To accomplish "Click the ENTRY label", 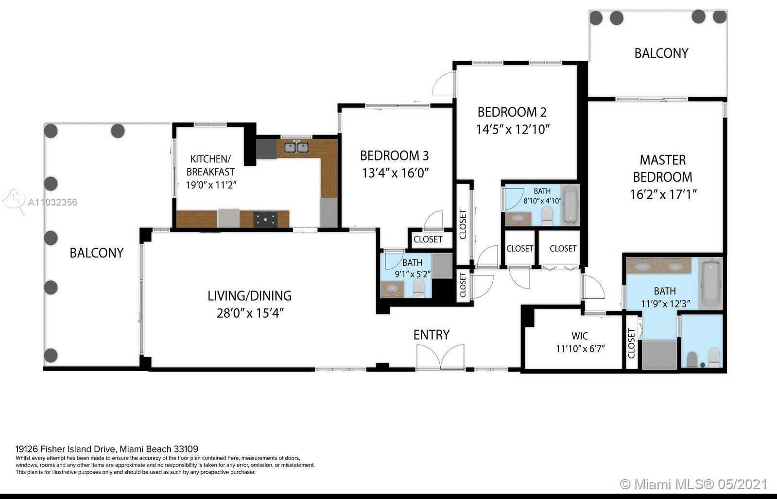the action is pyautogui.click(x=432, y=335).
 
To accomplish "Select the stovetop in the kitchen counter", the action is pyautogui.click(x=265, y=219).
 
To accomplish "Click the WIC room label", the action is pyautogui.click(x=580, y=336).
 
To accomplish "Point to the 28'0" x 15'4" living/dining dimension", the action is pyautogui.click(x=250, y=313).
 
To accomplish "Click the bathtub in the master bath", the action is pyautogui.click(x=711, y=284).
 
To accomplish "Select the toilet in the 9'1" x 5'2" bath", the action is pyautogui.click(x=419, y=288).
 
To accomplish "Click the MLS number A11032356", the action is pyautogui.click(x=52, y=202).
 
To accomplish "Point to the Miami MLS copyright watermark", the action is pyautogui.click(x=693, y=484).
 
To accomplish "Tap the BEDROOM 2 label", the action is pyautogui.click(x=512, y=112).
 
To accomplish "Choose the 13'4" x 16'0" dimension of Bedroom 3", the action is pyautogui.click(x=396, y=172).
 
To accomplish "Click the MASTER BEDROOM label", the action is pyautogui.click(x=662, y=169).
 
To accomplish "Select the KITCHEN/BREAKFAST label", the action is pyautogui.click(x=210, y=165).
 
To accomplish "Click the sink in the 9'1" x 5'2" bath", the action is pyautogui.click(x=392, y=289).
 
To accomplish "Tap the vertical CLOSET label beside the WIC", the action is pyautogui.click(x=631, y=344).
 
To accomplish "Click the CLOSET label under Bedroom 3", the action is pyautogui.click(x=428, y=239).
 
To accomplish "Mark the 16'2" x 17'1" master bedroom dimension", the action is pyautogui.click(x=663, y=194).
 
